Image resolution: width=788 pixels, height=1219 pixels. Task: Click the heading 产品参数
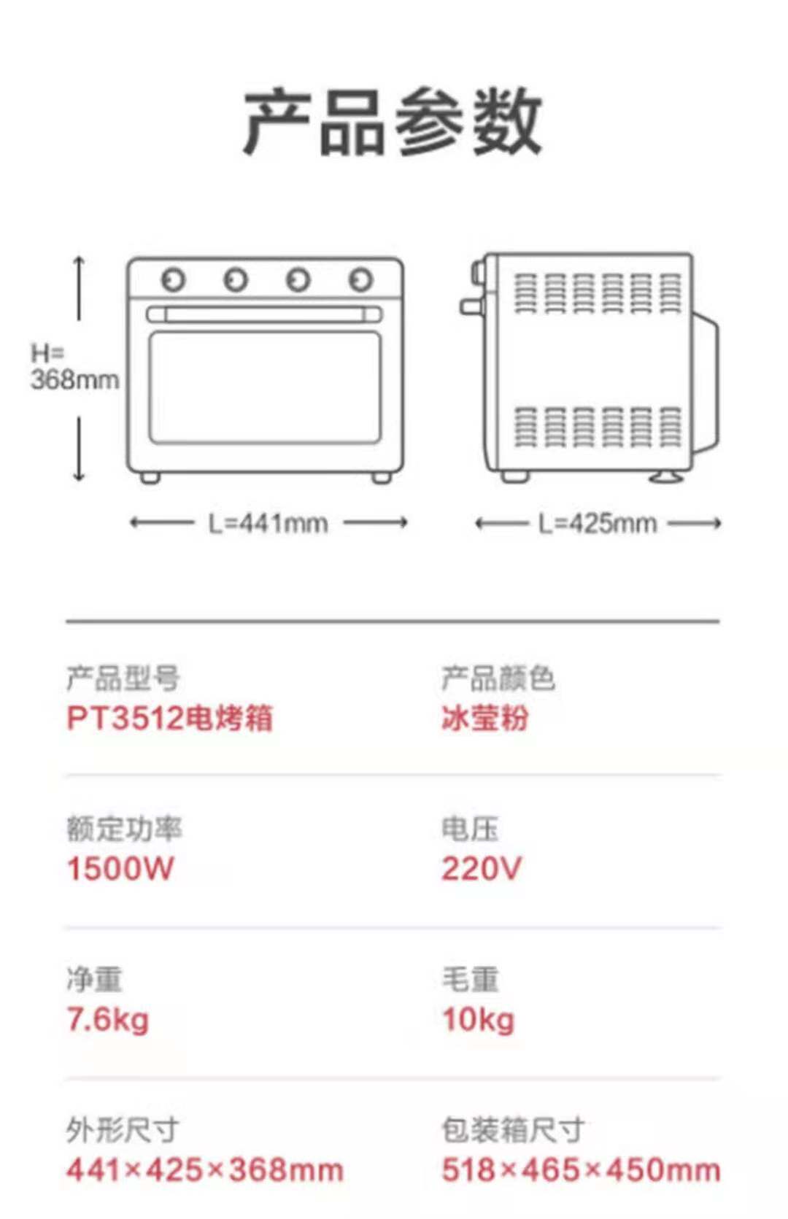click(393, 121)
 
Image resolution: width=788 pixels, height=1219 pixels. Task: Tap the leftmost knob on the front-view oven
click(174, 279)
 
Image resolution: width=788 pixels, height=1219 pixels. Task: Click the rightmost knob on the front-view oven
click(361, 279)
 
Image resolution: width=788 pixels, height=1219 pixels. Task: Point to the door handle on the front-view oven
click(264, 314)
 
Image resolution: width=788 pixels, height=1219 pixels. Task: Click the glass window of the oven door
click(265, 387)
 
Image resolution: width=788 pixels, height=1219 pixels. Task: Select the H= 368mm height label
click(74, 367)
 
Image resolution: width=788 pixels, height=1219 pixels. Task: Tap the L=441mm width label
click(269, 524)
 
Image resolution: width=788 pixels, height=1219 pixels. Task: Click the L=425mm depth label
click(598, 524)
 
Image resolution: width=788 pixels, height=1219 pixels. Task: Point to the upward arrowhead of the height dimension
click(80, 260)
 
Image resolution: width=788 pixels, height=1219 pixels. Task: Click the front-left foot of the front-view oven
click(150, 478)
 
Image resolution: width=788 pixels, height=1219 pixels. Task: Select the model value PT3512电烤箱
click(169, 718)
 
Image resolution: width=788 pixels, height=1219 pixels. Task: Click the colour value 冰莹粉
click(485, 718)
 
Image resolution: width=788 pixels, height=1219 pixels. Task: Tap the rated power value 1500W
click(120, 869)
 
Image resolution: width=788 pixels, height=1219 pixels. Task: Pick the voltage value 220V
click(481, 869)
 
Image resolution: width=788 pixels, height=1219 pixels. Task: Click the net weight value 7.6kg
click(108, 1020)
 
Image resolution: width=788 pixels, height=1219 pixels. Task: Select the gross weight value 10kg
click(479, 1020)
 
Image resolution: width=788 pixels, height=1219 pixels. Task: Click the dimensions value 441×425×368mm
click(204, 1170)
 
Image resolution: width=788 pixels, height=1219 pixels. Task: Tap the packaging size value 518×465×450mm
click(581, 1170)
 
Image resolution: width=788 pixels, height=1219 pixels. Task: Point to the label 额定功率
click(124, 829)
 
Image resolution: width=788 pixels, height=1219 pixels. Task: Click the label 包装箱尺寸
click(513, 1130)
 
